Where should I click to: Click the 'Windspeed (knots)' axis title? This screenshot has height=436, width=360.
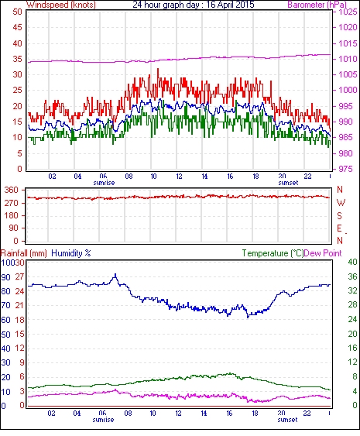pyautogui.click(x=61, y=5)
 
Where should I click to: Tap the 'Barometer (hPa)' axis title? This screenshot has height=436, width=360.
pyautogui.click(x=317, y=5)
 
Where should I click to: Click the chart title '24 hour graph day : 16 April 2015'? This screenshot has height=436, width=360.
pyautogui.click(x=194, y=5)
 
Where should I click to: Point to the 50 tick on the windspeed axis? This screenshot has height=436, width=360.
pyautogui.click(x=17, y=12)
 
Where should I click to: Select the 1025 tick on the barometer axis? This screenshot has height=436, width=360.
pyautogui.click(x=348, y=12)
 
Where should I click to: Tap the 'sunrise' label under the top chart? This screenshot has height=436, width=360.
pyautogui.click(x=104, y=183)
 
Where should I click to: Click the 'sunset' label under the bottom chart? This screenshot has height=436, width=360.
pyautogui.click(x=287, y=419)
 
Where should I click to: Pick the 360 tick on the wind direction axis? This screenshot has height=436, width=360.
pyautogui.click(x=12, y=190)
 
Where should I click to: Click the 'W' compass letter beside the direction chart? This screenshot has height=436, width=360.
pyautogui.click(x=341, y=202)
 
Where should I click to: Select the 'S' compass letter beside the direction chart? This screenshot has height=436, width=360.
pyautogui.click(x=339, y=215)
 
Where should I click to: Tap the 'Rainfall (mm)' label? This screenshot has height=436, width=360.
pyautogui.click(x=23, y=253)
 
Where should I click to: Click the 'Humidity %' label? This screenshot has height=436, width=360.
pyautogui.click(x=71, y=253)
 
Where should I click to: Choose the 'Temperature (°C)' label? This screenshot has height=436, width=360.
pyautogui.click(x=273, y=253)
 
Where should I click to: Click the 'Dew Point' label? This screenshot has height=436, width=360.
pyautogui.click(x=323, y=253)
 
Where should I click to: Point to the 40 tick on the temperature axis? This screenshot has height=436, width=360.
pyautogui.click(x=352, y=262)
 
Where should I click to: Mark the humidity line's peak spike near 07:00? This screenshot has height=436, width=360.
pyautogui.click(x=115, y=274)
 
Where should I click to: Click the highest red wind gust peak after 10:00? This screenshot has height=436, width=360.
pyautogui.click(x=158, y=69)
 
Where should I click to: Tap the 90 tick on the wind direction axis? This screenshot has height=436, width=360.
pyautogui.click(x=14, y=228)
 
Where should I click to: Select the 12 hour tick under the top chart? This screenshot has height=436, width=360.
pyautogui.click(x=179, y=177)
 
